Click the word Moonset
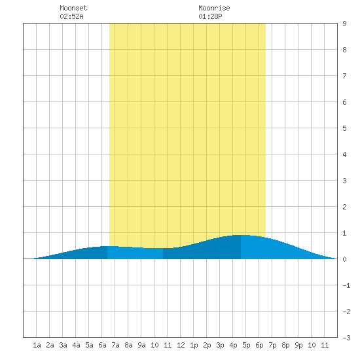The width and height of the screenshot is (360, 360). [73, 8]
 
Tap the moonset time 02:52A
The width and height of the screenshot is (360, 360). [71, 16]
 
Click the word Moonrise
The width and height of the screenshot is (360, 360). [214, 8]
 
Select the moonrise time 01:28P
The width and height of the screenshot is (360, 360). [210, 16]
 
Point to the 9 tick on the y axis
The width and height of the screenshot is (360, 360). [344, 24]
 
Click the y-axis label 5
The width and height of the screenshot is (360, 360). [344, 128]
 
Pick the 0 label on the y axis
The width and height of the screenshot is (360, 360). [344, 259]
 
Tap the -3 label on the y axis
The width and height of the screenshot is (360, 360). [346, 338]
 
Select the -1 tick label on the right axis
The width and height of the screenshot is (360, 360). [346, 285]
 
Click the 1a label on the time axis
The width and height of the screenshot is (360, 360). [37, 345]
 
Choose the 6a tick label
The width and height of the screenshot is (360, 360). [102, 345]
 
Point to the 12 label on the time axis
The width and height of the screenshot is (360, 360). [181, 345]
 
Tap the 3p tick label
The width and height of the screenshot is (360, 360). [220, 345]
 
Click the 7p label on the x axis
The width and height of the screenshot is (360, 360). [272, 345]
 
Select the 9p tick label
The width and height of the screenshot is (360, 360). [298, 345]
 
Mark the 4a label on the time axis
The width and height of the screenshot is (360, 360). [76, 345]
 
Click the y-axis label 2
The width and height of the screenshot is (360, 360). [344, 207]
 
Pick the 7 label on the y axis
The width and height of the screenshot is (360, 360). [344, 76]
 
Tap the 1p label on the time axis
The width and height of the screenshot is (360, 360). [194, 345]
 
